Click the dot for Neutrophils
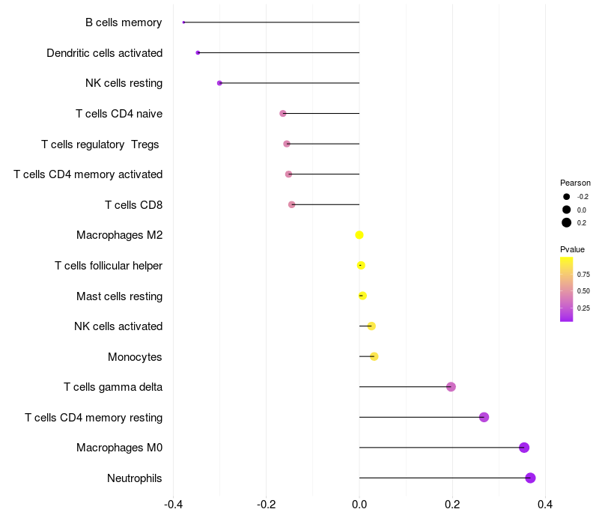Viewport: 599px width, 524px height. pos(530,478)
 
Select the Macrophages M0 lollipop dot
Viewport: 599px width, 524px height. pos(524,448)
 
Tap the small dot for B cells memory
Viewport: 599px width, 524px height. pos(183,22)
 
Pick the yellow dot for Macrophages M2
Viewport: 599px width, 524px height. pos(359,235)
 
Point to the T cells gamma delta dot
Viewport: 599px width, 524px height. pos(451,387)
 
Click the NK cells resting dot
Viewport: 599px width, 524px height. pos(219,83)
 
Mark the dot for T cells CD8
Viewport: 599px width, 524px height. pos(292,204)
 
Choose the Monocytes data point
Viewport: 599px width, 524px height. pos(374,356)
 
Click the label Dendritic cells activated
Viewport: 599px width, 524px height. pos(104,53)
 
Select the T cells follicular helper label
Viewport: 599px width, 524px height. pos(109,266)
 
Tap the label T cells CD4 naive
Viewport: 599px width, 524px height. pos(119,114)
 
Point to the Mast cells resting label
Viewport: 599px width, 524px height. pos(119,296)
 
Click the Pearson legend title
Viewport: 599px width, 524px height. pos(575,183)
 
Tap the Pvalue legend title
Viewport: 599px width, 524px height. pos(572,249)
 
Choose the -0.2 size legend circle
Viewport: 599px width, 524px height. pos(567,197)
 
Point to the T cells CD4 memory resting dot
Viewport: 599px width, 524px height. pos(484,417)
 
